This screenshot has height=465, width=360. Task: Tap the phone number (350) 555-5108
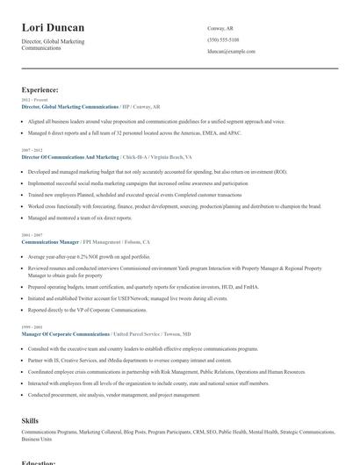(x=223, y=40)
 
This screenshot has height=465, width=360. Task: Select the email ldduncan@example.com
(x=231, y=52)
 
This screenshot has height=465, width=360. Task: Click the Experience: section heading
(x=40, y=89)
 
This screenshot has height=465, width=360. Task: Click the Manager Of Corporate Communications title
(x=66, y=333)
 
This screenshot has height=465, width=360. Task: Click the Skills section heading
(x=30, y=421)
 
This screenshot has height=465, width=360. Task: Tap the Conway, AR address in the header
(x=220, y=28)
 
